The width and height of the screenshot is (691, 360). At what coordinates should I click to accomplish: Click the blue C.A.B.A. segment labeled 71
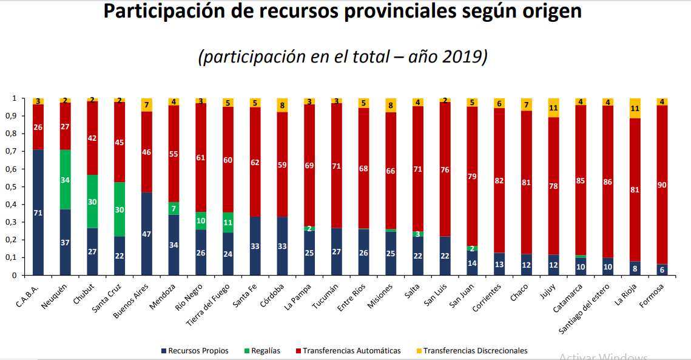point(38,212)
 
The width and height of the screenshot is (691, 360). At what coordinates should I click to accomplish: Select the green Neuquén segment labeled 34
point(66,180)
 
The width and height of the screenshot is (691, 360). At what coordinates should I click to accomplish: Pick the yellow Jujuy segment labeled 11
point(553,107)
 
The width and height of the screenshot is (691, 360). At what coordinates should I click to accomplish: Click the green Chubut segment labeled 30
point(92,202)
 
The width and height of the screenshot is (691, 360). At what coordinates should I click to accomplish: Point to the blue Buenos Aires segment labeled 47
point(147,234)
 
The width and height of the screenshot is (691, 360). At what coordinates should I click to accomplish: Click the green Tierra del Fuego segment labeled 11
point(228,222)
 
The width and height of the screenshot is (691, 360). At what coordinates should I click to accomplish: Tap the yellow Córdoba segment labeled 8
point(282,105)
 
